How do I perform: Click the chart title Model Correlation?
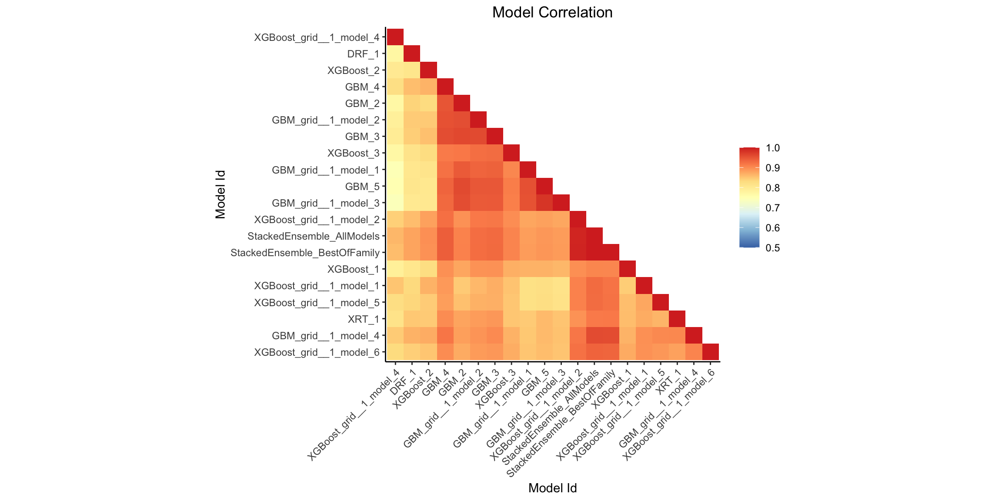[x=552, y=13]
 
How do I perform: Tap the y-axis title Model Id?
[x=220, y=194]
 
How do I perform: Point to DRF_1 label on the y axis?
[x=363, y=54]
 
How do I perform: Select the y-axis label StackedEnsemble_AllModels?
[x=314, y=236]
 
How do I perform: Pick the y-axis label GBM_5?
[x=362, y=187]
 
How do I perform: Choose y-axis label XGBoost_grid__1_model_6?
[x=317, y=352]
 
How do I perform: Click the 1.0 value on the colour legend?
[x=773, y=148]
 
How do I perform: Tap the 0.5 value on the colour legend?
[x=773, y=248]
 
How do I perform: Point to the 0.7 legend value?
[x=773, y=208]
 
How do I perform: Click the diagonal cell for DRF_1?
[x=412, y=53]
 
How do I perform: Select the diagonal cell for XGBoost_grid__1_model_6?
[x=710, y=352]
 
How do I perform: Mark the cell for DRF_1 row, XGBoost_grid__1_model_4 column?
[x=395, y=53]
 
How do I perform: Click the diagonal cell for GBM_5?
[x=544, y=186]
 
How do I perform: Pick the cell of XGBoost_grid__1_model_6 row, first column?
[x=395, y=352]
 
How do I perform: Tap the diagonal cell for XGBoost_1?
[x=627, y=269]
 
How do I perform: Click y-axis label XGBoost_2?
[x=354, y=70]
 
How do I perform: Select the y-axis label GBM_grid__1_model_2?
[x=326, y=120]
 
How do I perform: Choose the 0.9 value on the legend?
[x=773, y=168]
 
